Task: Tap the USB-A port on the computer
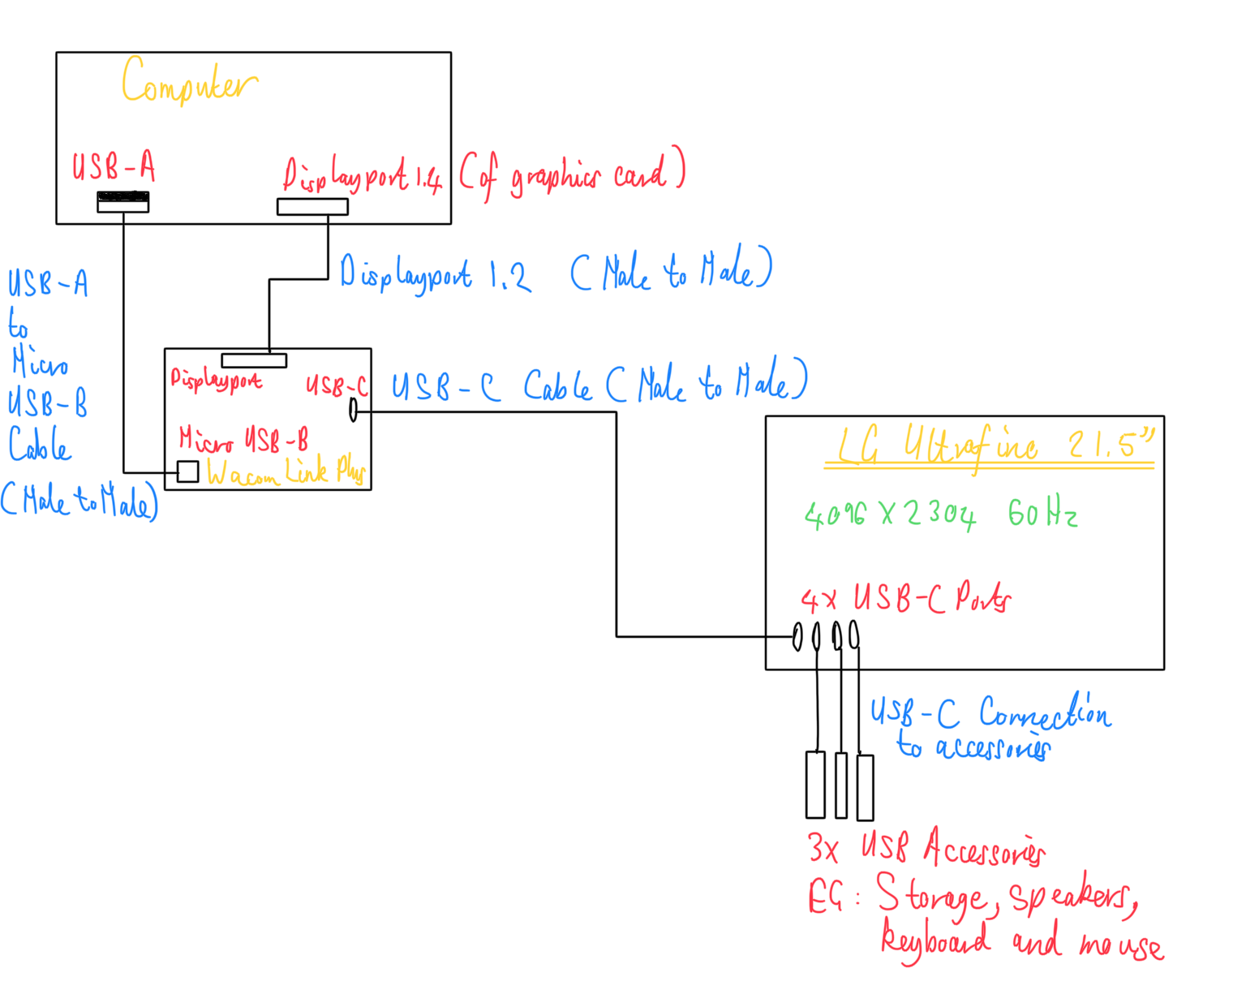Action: pyautogui.click(x=122, y=201)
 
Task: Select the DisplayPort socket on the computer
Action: pyautogui.click(x=312, y=206)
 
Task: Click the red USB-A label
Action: pyautogui.click(x=114, y=166)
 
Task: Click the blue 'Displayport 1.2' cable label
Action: pyautogui.click(x=435, y=273)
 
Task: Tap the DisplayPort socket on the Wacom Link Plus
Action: pyautogui.click(x=254, y=360)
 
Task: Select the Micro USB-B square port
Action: pyautogui.click(x=187, y=471)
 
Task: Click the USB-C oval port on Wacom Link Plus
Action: pyautogui.click(x=353, y=410)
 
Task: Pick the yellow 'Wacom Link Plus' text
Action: pyautogui.click(x=286, y=471)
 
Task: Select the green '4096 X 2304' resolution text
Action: pyautogui.click(x=890, y=514)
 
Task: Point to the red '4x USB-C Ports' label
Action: pyautogui.click(x=905, y=599)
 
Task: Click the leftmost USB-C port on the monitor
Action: pyautogui.click(x=797, y=636)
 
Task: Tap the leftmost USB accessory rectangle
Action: pyautogui.click(x=815, y=785)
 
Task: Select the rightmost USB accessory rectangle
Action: pyautogui.click(x=865, y=787)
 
